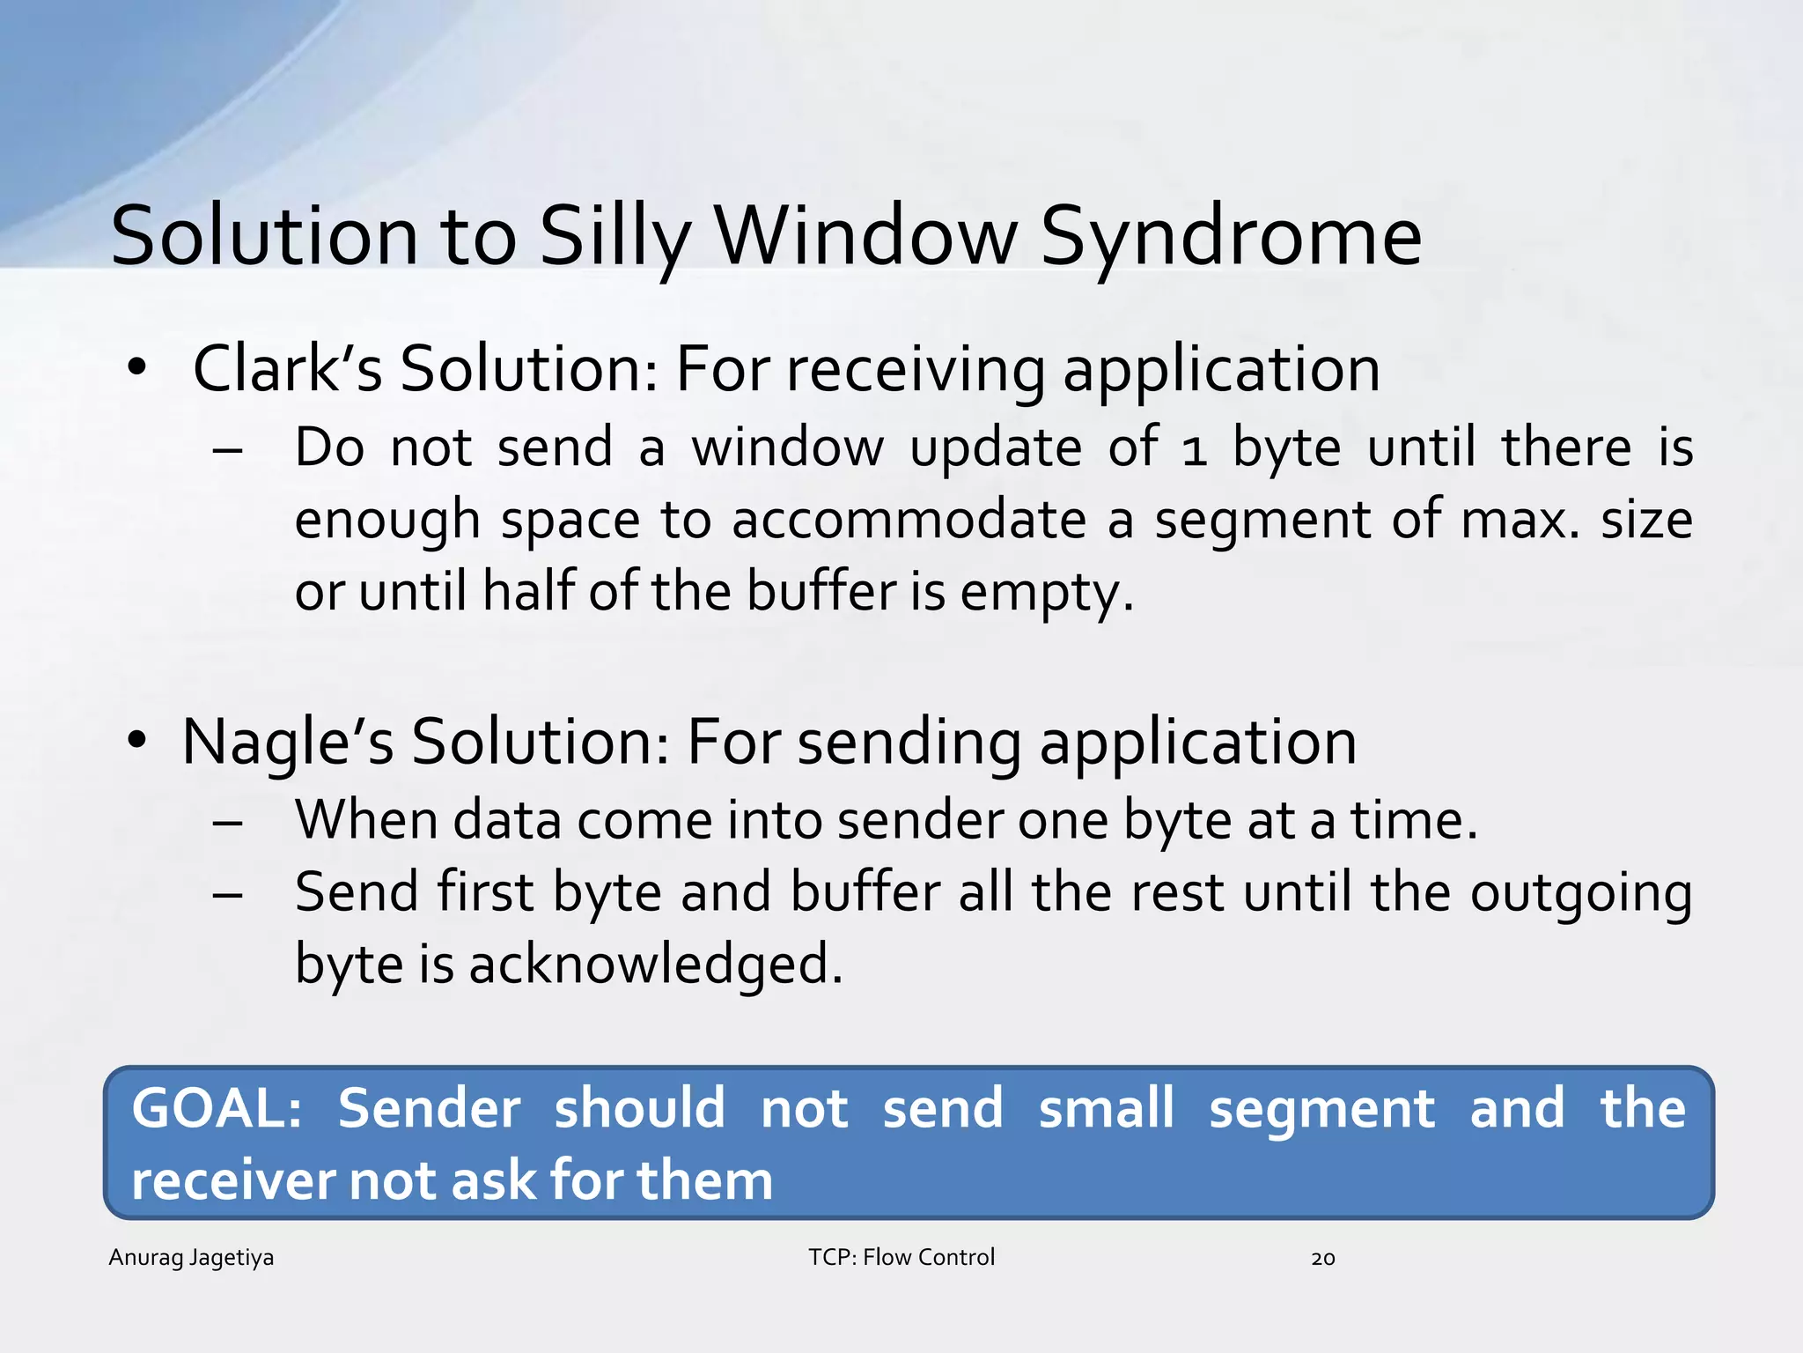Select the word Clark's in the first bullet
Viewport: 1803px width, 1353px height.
[x=287, y=368]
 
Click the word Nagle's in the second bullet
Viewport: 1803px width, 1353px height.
[x=287, y=742]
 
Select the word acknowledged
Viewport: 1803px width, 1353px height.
[x=656, y=964]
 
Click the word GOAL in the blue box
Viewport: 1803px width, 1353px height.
[x=216, y=1108]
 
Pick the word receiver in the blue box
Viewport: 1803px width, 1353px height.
[x=232, y=1180]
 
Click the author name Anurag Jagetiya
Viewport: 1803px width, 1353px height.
[x=191, y=1257]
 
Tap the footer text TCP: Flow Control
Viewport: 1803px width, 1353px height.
[x=901, y=1257]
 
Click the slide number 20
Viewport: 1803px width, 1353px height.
[x=1322, y=1259]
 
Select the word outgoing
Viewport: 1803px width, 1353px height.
[x=1581, y=893]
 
